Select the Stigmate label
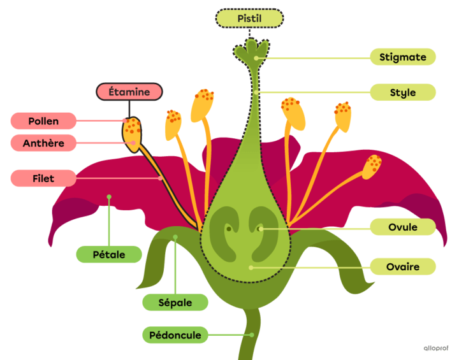(x=403, y=57)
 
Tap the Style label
(x=403, y=92)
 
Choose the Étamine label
(x=129, y=92)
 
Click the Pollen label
(x=43, y=121)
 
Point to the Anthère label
(x=43, y=143)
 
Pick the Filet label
(x=43, y=179)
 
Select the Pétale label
(x=109, y=255)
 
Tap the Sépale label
(x=175, y=303)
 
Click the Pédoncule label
(x=175, y=335)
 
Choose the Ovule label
(x=403, y=227)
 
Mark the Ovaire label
(x=403, y=266)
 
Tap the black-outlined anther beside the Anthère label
(x=133, y=134)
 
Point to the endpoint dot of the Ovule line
(x=261, y=227)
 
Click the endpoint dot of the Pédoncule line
(x=252, y=335)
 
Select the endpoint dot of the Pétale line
(x=109, y=197)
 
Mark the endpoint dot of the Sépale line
(x=176, y=238)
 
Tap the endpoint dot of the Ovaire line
(x=251, y=267)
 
